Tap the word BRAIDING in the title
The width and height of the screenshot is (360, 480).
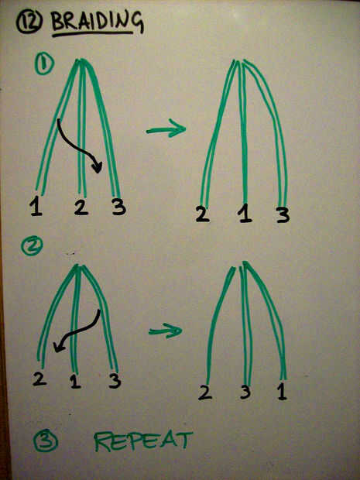[98, 21]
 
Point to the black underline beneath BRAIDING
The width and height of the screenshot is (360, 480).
[93, 33]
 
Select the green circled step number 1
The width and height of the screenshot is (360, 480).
[44, 63]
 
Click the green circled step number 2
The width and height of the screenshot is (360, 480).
[32, 247]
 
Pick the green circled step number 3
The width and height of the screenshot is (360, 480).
[46, 441]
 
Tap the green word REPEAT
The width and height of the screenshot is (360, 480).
[143, 441]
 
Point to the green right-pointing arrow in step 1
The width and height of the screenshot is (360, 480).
[166, 129]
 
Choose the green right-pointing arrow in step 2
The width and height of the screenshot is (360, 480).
[165, 331]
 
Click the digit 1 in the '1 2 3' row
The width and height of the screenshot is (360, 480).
[36, 207]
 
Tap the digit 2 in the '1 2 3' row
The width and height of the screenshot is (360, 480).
[81, 207]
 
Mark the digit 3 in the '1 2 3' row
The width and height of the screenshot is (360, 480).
[118, 207]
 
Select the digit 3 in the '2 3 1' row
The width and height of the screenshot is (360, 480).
[245, 393]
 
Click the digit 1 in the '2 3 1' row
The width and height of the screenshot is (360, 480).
[282, 393]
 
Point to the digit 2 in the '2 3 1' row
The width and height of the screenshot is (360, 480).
[205, 393]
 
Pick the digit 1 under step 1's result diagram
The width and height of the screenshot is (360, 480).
[245, 213]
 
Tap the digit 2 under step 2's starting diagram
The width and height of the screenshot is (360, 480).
[39, 379]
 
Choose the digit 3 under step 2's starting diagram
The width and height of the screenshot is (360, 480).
[115, 381]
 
